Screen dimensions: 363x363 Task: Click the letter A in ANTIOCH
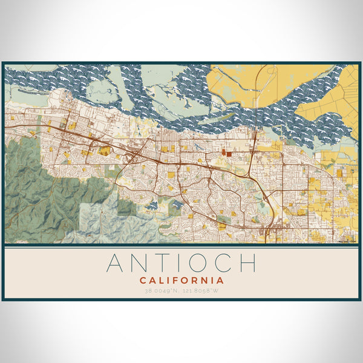pos(117,263)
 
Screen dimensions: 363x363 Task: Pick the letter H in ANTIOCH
pos(247,263)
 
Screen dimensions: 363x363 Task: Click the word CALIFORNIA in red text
pos(181,281)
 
